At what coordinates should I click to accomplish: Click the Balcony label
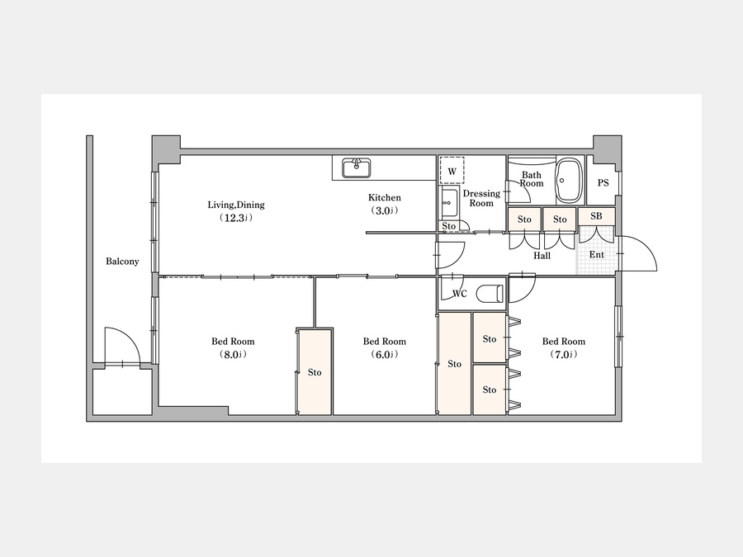pyautogui.click(x=122, y=262)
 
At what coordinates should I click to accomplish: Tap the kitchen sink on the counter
pyautogui.click(x=357, y=168)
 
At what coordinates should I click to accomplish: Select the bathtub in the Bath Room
pyautogui.click(x=569, y=180)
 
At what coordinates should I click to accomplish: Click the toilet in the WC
pyautogui.click(x=489, y=294)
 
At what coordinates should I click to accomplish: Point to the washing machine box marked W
pyautogui.click(x=452, y=171)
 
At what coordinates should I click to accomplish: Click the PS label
pyautogui.click(x=603, y=183)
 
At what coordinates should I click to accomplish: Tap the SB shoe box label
pyautogui.click(x=596, y=216)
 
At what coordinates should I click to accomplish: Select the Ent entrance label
pyautogui.click(x=597, y=255)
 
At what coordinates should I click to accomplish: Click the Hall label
pyautogui.click(x=542, y=256)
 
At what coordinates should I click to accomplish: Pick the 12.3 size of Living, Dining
pyautogui.click(x=235, y=218)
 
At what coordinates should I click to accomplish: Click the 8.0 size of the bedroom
pyautogui.click(x=233, y=354)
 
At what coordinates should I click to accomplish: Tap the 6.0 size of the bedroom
pyautogui.click(x=384, y=354)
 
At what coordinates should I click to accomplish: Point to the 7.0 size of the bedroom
pyautogui.click(x=563, y=354)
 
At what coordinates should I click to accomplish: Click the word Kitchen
pyautogui.click(x=384, y=197)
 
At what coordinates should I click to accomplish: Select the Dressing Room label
pyautogui.click(x=481, y=198)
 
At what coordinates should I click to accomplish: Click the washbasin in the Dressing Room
pyautogui.click(x=449, y=202)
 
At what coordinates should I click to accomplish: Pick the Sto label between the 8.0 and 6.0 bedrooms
pyautogui.click(x=315, y=372)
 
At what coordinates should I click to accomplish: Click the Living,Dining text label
pyautogui.click(x=236, y=205)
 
